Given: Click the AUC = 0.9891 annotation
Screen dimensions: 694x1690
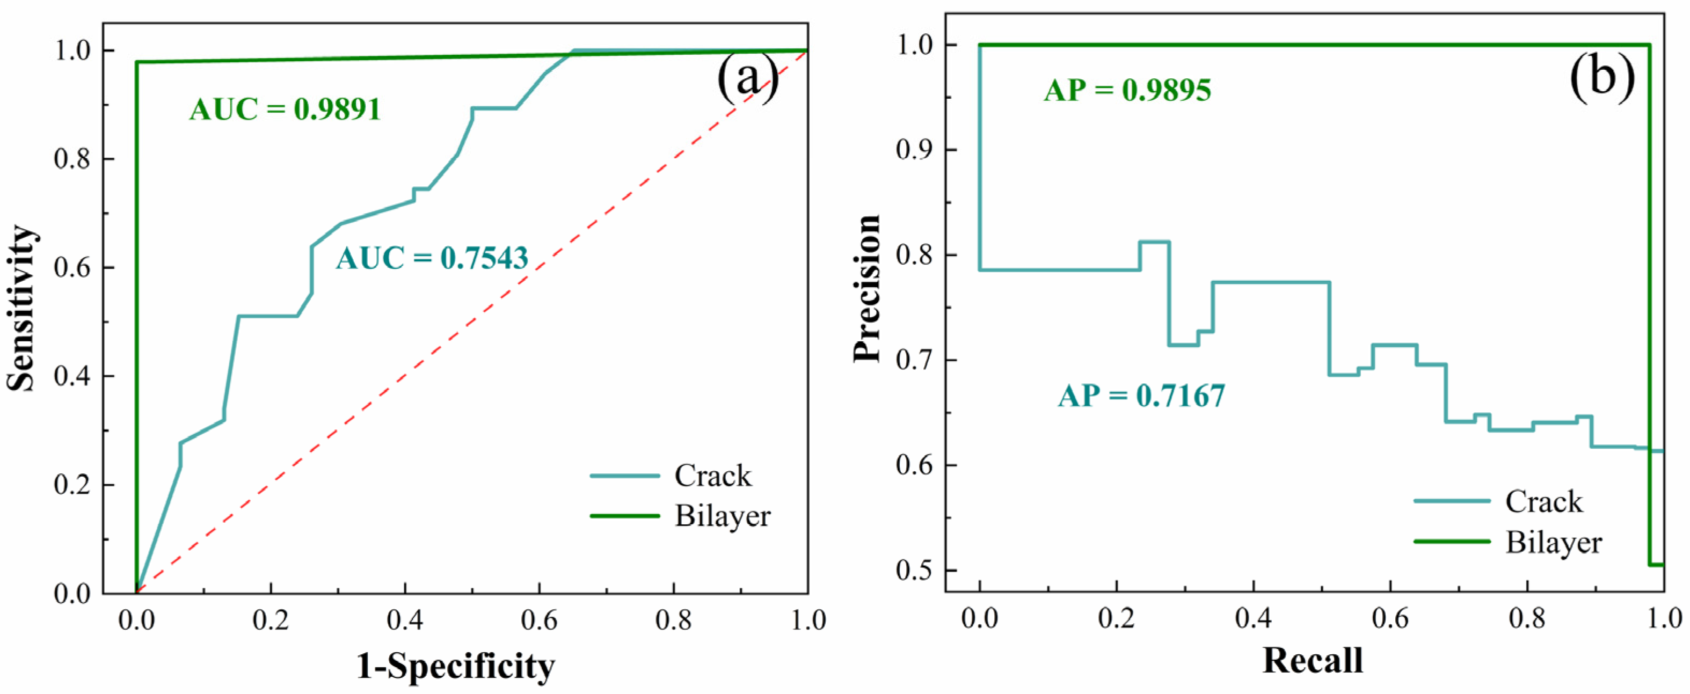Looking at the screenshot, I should point(286,109).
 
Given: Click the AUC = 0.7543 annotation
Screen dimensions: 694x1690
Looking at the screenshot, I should point(432,259).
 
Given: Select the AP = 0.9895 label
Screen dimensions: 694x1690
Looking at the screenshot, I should point(1127,90).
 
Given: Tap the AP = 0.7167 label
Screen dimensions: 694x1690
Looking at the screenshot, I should point(1141,396).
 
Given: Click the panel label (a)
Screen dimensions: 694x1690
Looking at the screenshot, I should point(748,80).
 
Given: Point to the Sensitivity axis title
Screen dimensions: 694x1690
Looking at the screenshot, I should point(21,308).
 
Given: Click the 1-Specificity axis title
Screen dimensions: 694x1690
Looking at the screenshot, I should point(455,667).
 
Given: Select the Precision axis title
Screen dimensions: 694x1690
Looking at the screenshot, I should point(866,289).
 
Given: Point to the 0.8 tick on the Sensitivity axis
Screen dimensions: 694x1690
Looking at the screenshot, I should point(74,159).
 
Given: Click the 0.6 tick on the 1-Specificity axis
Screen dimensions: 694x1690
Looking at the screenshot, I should point(540,620).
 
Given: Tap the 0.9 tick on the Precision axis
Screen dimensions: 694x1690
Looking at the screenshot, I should point(916,150).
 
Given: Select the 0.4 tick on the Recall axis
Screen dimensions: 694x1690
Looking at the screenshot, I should point(1253,618).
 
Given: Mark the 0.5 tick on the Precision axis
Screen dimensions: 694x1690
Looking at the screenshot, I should point(916,571).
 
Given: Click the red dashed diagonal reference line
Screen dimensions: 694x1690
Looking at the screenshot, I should point(472,322).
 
